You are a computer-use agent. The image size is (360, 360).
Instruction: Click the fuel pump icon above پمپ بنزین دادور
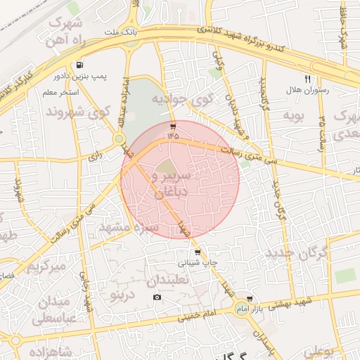85,63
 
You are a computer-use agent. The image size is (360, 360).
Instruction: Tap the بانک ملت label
121,33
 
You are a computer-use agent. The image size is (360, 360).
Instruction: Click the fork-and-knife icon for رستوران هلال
307,79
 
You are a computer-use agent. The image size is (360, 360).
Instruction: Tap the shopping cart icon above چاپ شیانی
198,252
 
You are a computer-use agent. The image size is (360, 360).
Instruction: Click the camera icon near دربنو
156,297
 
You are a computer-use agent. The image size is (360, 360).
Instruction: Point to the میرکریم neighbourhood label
45,267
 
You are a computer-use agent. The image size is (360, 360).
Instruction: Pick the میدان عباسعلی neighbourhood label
60,310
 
